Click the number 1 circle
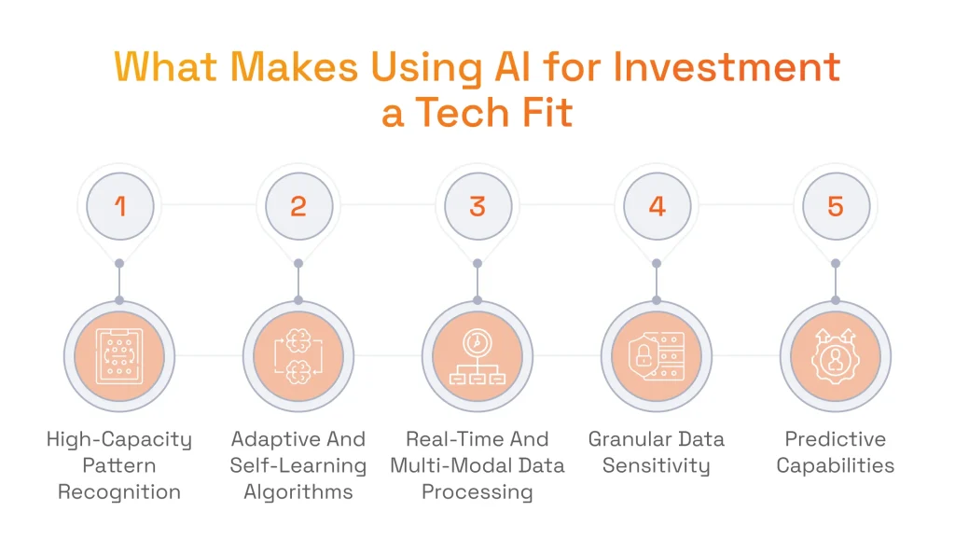pos(119,205)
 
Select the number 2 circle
pos(298,205)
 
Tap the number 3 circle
pos(477,205)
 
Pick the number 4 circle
pos(657,205)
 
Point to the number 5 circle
pos(836,205)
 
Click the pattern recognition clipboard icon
pos(119,356)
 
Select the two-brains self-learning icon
pos(298,356)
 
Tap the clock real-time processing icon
pos(477,356)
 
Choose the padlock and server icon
pos(657,356)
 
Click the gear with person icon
pos(836,356)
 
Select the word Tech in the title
pos(463,113)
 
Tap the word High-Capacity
pos(119,439)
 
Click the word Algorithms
pos(298,491)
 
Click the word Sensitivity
pos(657,465)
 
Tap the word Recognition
pos(119,491)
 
